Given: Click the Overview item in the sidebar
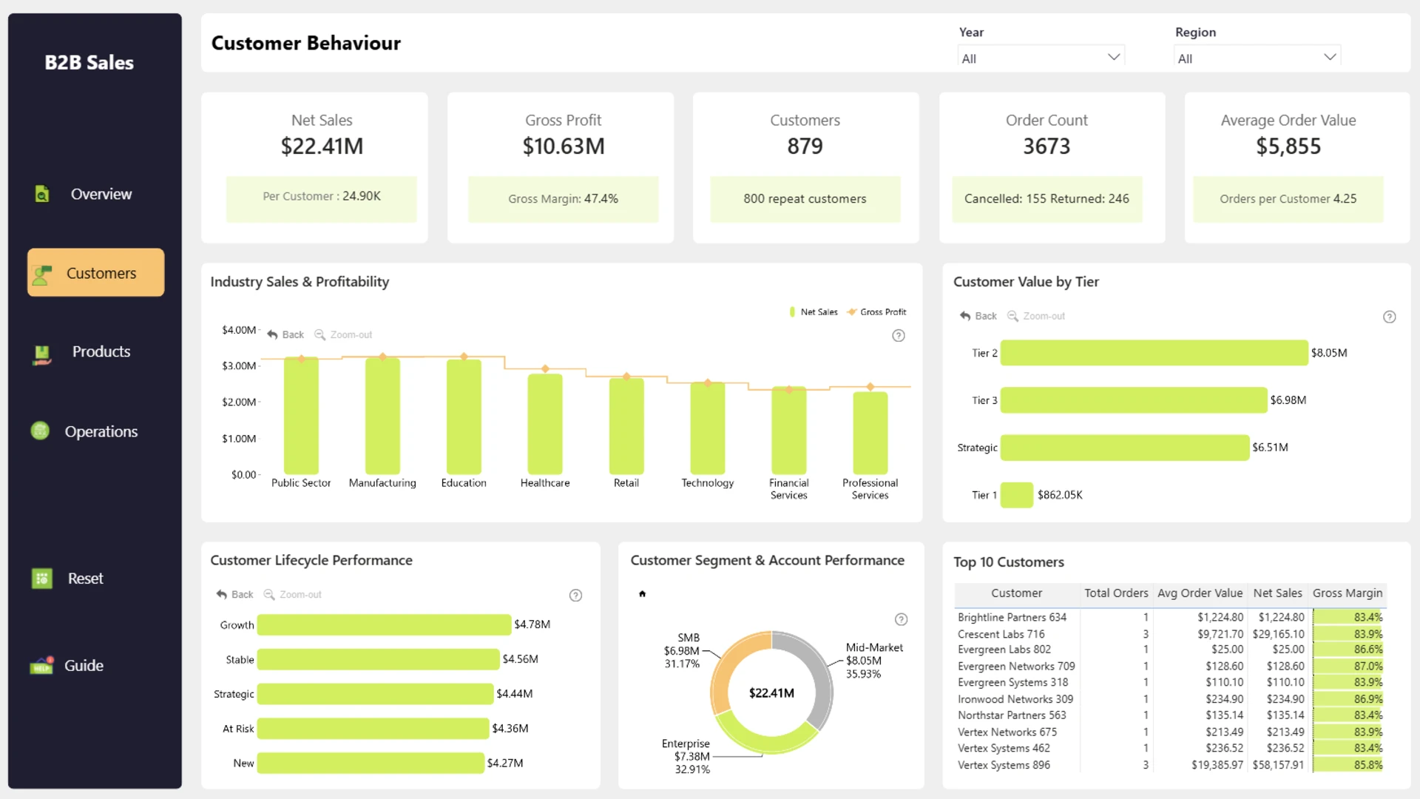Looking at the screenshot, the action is (x=101, y=194).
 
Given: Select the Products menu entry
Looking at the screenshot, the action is (x=101, y=352).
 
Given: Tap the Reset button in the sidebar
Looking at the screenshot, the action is (x=86, y=579).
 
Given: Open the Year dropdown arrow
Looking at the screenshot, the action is (x=1114, y=57).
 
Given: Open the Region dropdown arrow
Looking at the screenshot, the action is (x=1330, y=57).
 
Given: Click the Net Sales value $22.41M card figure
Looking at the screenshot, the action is (x=322, y=146).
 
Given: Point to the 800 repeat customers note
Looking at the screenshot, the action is (x=805, y=198).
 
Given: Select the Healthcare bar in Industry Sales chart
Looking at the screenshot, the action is (x=545, y=424).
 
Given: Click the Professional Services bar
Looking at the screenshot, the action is (x=870, y=433).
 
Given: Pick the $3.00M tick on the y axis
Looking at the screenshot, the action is (x=239, y=365).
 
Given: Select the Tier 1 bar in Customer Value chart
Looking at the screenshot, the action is (x=1017, y=495).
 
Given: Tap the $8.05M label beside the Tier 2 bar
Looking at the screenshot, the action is (x=1329, y=353).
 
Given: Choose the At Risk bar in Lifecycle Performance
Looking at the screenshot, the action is (x=373, y=729).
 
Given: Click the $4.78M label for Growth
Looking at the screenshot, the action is (x=532, y=624).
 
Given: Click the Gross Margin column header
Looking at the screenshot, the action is (x=1348, y=593).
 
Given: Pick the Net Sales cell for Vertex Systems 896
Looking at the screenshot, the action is (x=1278, y=765).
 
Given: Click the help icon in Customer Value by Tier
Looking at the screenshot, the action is (x=1390, y=317).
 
